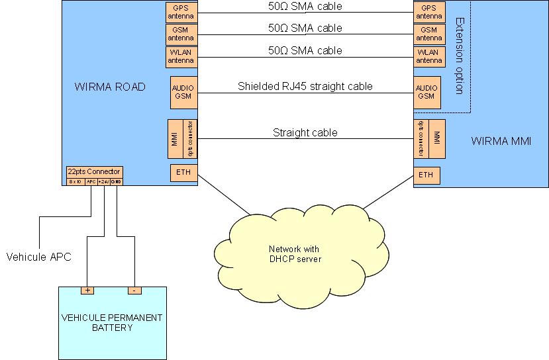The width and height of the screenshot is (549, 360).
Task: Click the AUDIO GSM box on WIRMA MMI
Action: (x=426, y=92)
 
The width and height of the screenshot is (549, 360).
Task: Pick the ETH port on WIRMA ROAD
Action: (x=183, y=174)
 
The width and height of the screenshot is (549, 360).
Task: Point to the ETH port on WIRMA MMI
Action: (x=426, y=175)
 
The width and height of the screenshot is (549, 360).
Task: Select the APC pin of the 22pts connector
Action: (x=91, y=181)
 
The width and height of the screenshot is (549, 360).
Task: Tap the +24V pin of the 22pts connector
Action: (x=103, y=181)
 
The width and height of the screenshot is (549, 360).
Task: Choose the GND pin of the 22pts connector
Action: (x=116, y=181)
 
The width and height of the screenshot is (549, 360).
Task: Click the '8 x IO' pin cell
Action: (x=75, y=181)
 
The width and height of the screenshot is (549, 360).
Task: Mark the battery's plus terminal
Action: (x=87, y=291)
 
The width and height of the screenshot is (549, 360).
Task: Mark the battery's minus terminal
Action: (x=134, y=291)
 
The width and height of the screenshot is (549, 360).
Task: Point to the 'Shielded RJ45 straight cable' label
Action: (x=305, y=86)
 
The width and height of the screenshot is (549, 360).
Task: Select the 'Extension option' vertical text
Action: (x=459, y=56)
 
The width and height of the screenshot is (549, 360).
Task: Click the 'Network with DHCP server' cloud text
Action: (x=295, y=254)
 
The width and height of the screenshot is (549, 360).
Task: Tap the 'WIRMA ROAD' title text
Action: (x=110, y=87)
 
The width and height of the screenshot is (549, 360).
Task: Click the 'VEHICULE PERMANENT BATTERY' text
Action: (x=111, y=322)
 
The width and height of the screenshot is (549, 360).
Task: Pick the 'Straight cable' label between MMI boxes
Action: (x=305, y=132)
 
